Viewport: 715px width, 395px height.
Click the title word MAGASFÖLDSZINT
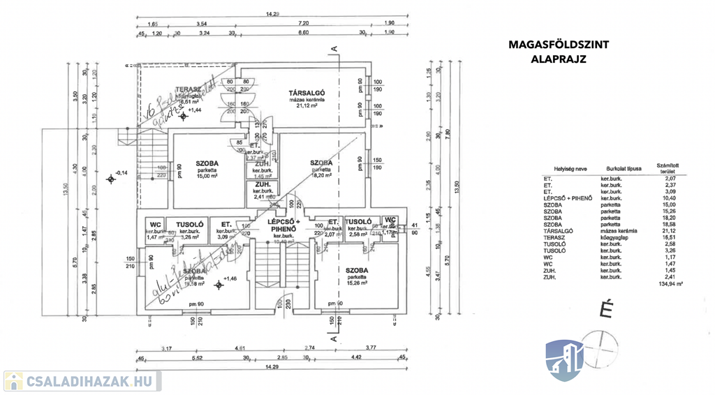559,45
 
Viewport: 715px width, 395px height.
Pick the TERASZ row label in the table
553,237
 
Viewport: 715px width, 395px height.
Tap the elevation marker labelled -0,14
121,172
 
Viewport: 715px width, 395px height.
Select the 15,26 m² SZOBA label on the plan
356,269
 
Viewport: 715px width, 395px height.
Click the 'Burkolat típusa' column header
617,168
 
